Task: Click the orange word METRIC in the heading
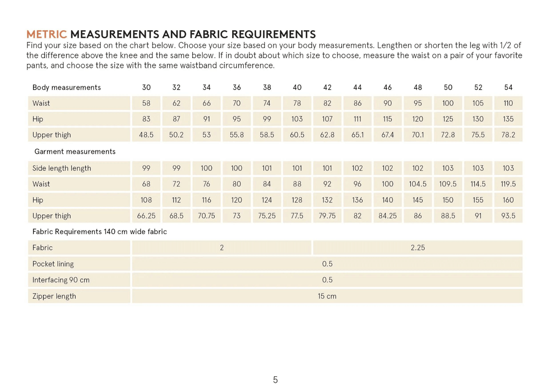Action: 46,35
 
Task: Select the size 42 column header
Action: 327,87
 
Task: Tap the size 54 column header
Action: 508,87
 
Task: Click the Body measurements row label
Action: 66,87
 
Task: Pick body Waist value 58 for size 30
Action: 146,103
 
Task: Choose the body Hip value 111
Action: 357,119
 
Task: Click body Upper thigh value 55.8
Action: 237,135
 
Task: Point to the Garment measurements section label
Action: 74,151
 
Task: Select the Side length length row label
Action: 62,168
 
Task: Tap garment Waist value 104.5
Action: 418,184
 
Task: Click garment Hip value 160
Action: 508,200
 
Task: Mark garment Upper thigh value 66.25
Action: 146,216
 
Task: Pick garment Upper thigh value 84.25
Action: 388,216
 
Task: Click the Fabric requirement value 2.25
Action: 418,247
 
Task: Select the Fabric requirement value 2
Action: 222,247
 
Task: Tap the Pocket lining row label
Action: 53,264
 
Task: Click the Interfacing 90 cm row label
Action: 61,280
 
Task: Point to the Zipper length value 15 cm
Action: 327,296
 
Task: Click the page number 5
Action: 275,380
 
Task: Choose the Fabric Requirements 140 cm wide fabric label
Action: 99,232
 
